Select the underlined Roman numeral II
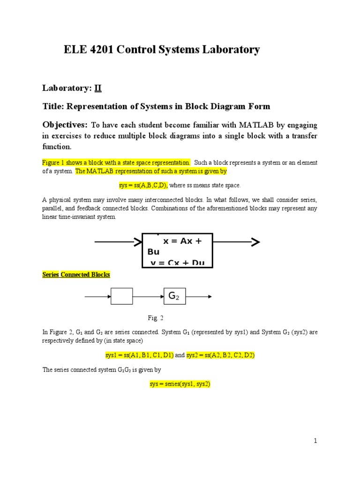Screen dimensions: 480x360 pyautogui.click(x=98, y=88)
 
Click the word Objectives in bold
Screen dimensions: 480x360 pyautogui.click(x=65, y=125)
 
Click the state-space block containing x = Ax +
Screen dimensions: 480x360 pyautogui.click(x=177, y=250)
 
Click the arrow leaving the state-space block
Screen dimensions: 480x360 pyautogui.click(x=236, y=242)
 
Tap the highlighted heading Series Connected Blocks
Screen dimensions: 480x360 pyautogui.click(x=76, y=275)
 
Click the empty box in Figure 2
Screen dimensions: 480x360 pyautogui.click(x=121, y=296)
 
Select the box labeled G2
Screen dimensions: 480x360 pyautogui.click(x=174, y=296)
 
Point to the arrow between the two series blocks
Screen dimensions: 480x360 pyautogui.click(x=148, y=296)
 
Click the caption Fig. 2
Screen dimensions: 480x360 pyautogui.click(x=155, y=318)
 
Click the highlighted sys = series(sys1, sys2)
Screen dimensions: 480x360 pyautogui.click(x=180, y=384)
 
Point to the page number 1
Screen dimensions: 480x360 pyautogui.click(x=315, y=441)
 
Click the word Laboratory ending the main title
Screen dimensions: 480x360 pyautogui.click(x=231, y=50)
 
